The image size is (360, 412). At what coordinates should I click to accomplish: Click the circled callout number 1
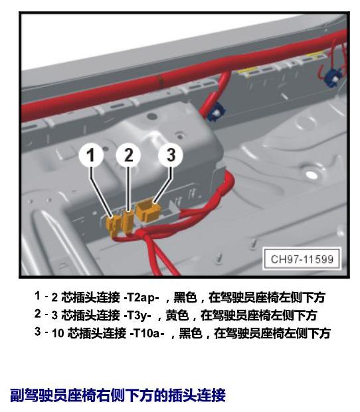click(91, 155)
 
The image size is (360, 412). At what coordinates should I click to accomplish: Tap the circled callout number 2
click(128, 155)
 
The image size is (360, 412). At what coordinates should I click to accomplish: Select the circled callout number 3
click(171, 155)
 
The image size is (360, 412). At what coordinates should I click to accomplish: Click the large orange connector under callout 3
click(148, 211)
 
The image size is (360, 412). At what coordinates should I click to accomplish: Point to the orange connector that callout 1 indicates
click(113, 226)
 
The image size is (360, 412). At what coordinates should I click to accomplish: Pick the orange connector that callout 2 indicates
click(128, 222)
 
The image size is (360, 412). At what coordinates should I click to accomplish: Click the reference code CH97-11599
click(302, 259)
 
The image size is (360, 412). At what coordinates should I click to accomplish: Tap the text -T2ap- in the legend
click(141, 297)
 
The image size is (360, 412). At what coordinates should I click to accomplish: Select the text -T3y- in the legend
click(137, 315)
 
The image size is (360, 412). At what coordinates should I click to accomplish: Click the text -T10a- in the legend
click(147, 333)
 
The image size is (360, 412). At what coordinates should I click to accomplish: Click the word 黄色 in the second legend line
click(177, 315)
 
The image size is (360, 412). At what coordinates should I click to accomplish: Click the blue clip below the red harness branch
click(216, 111)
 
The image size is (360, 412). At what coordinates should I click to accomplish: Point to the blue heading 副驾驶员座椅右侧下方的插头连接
click(118, 395)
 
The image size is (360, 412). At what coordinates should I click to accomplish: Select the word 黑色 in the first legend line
click(185, 297)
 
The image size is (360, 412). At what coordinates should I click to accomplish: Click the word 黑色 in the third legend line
click(191, 333)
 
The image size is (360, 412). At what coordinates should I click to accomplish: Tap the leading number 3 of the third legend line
click(38, 332)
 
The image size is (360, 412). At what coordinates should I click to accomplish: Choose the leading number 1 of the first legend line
click(38, 296)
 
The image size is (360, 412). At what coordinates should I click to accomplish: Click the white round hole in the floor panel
click(311, 174)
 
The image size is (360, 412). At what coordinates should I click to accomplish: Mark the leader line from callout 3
click(163, 184)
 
